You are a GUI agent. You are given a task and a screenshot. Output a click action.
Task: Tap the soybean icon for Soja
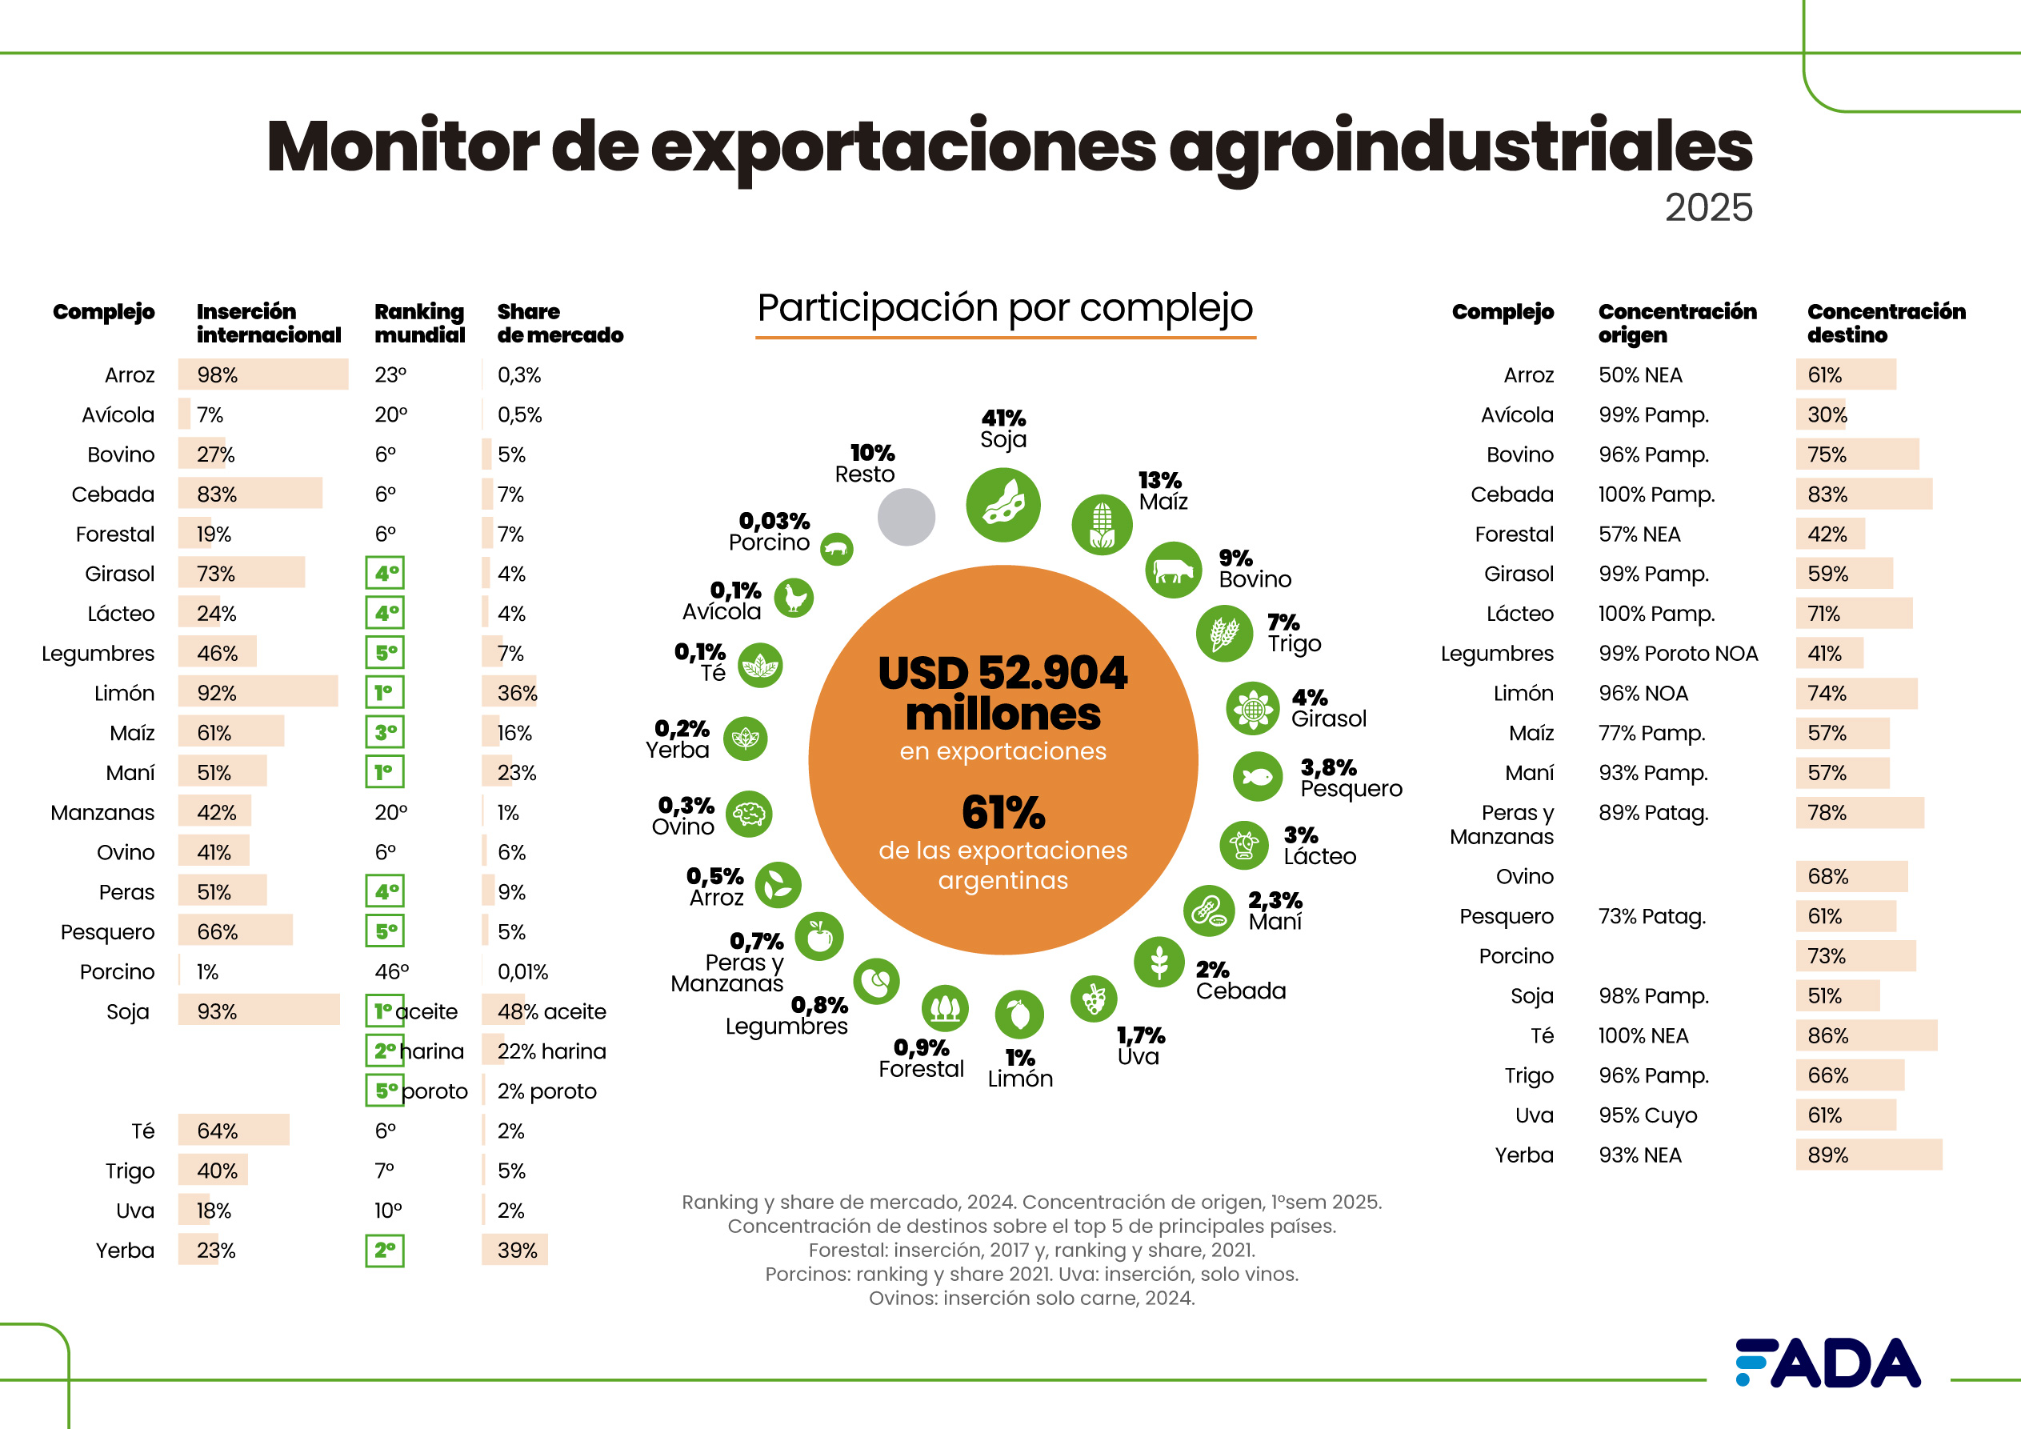tap(1002, 505)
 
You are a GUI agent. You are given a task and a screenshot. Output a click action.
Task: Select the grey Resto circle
tap(906, 517)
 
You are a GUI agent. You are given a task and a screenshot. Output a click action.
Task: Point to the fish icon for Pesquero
tap(1257, 777)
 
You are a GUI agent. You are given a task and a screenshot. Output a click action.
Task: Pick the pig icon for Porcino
tap(836, 550)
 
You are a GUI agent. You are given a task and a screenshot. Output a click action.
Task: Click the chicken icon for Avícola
tap(794, 598)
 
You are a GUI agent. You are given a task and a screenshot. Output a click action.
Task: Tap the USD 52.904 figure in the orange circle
tap(1002, 674)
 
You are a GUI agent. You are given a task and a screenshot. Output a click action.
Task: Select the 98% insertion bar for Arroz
tap(262, 375)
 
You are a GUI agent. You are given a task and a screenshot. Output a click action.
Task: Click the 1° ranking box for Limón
tap(385, 693)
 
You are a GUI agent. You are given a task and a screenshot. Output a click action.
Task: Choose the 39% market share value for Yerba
tap(517, 1251)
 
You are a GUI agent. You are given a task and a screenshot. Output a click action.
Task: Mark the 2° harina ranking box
tap(385, 1051)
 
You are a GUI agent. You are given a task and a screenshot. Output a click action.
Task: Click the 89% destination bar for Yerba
tap(1868, 1155)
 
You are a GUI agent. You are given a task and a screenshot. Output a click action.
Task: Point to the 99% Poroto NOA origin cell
tap(1678, 654)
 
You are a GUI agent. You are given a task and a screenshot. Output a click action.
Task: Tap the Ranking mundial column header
tap(419, 323)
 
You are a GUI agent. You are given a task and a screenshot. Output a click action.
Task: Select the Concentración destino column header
tap(1886, 323)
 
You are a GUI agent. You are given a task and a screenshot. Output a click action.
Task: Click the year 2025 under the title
tap(1707, 208)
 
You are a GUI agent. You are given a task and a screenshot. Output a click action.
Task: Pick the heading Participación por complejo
tap(1004, 308)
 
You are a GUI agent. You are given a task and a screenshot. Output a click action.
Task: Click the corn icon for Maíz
tap(1101, 525)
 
